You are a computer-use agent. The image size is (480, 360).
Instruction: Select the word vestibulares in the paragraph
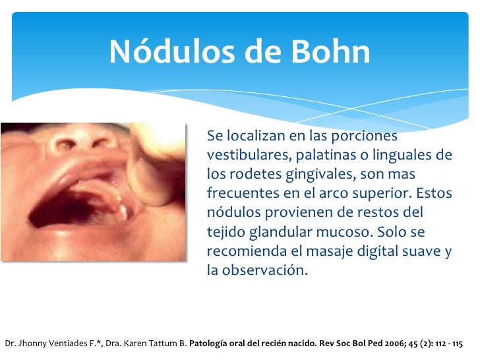(243, 156)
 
